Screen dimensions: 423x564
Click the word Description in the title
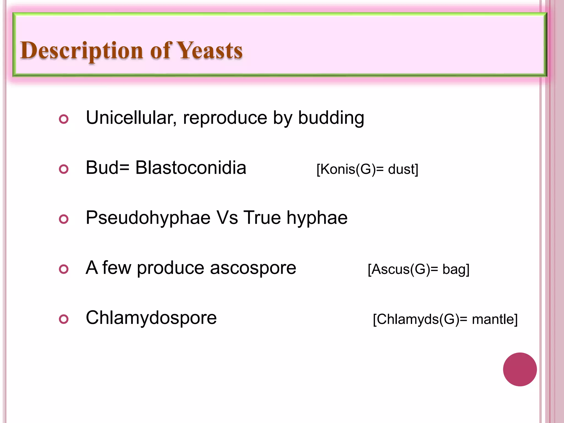tap(82, 51)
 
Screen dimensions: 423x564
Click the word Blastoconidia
tap(191, 168)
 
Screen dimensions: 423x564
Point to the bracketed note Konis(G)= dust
tap(367, 169)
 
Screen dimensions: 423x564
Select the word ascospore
tap(253, 268)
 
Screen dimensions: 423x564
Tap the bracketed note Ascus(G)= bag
tap(418, 269)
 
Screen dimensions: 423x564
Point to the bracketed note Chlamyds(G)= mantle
tap(445, 319)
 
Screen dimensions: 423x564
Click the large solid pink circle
tap(520, 369)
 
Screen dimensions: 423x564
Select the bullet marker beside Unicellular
tap(64, 119)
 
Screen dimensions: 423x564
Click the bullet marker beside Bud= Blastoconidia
tap(64, 169)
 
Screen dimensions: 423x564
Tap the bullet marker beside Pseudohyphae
tap(64, 219)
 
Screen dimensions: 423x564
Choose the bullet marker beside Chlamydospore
tap(64, 319)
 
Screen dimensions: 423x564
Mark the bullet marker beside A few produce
tap(64, 269)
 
